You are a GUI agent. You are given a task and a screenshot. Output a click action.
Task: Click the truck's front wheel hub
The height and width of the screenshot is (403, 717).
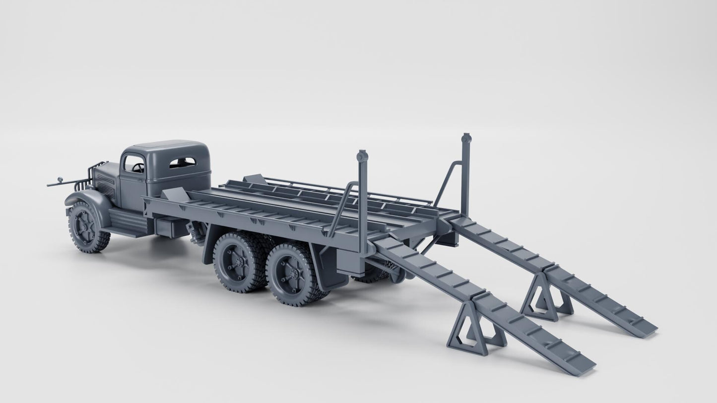click(x=85, y=227)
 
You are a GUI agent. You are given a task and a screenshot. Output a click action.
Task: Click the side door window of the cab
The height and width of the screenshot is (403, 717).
click(x=133, y=164)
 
